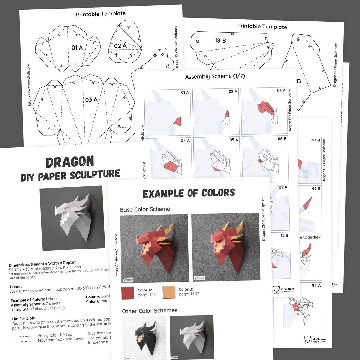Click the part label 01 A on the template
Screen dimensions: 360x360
click(77, 48)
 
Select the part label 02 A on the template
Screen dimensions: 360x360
click(120, 46)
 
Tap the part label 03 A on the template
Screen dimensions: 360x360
click(91, 100)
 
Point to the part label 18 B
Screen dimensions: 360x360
click(220, 40)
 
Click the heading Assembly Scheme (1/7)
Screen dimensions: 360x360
click(215, 76)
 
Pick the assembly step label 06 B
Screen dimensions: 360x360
click(282, 139)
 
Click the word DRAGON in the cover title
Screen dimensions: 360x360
click(70, 162)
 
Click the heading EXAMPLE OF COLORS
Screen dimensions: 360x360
click(189, 193)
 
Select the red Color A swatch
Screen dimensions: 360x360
click(128, 292)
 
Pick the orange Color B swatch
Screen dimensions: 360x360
click(169, 292)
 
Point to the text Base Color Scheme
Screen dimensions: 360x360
click(145, 209)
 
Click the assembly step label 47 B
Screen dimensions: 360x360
click(316, 140)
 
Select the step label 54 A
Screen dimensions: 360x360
click(316, 285)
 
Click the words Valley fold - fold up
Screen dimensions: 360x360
click(55, 335)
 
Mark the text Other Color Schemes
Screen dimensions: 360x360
click(149, 311)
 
